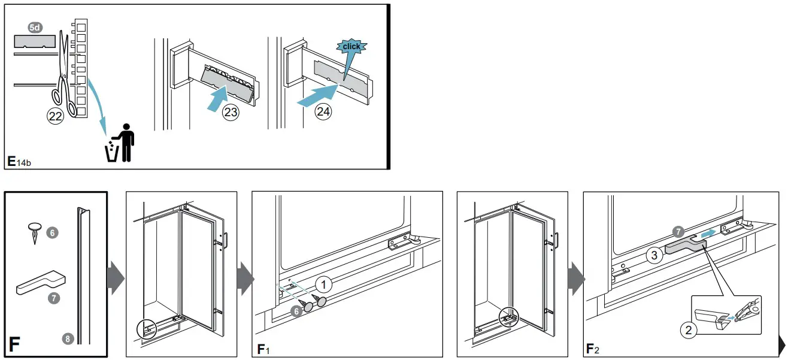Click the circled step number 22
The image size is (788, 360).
[x=56, y=117]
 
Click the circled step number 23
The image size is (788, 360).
[x=231, y=112]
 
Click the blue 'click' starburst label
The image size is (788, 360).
[x=351, y=47]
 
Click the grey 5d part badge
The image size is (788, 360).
[x=35, y=28]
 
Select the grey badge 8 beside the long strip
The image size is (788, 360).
[x=68, y=339]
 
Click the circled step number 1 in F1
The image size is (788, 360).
[x=323, y=283]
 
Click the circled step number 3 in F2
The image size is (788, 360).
[x=654, y=256]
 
